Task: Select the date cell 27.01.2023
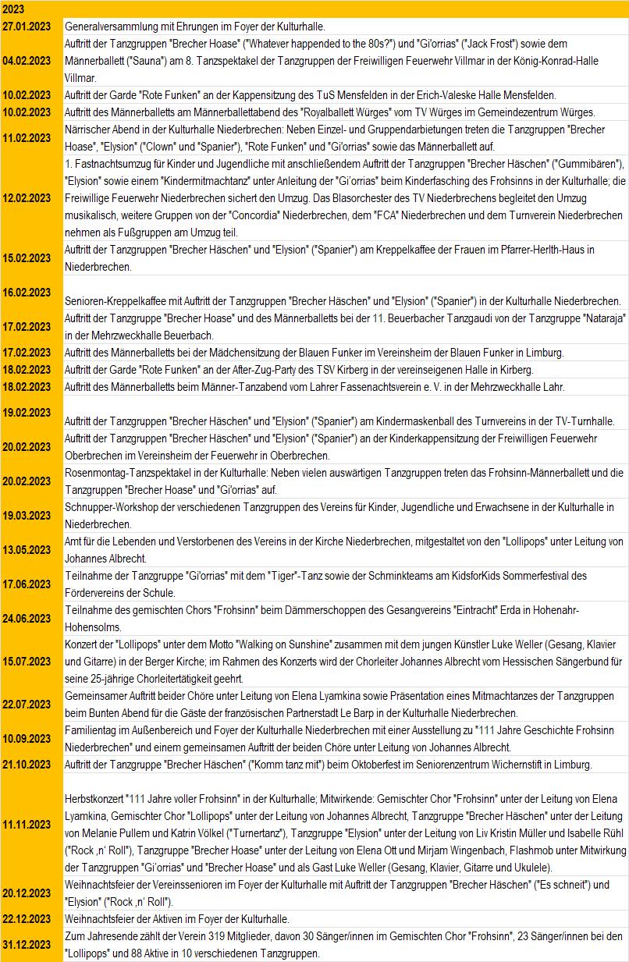click(27, 26)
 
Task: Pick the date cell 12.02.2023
click(27, 197)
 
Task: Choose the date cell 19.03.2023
click(27, 516)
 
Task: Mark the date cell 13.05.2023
click(27, 550)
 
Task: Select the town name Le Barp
click(442, 713)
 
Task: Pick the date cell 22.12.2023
click(27, 918)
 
